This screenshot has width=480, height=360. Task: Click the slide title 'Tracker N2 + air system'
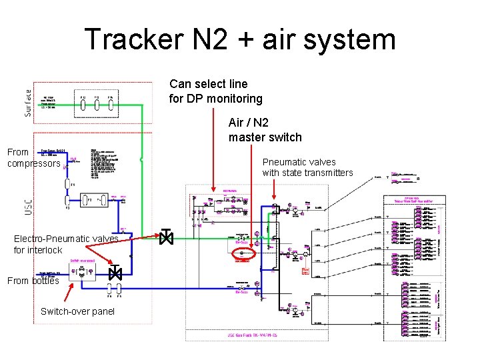[240, 39]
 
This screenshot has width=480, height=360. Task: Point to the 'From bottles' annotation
[33, 281]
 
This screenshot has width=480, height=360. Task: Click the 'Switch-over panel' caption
[77, 311]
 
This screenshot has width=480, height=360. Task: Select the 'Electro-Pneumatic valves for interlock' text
[66, 244]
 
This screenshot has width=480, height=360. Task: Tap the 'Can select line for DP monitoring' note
[216, 91]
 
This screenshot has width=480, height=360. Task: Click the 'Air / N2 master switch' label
[265, 130]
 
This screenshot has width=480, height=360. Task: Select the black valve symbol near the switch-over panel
[115, 273]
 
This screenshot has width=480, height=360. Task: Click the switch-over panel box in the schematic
[83, 271]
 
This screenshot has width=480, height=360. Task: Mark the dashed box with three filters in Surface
[96, 104]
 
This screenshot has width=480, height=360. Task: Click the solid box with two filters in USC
[89, 199]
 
